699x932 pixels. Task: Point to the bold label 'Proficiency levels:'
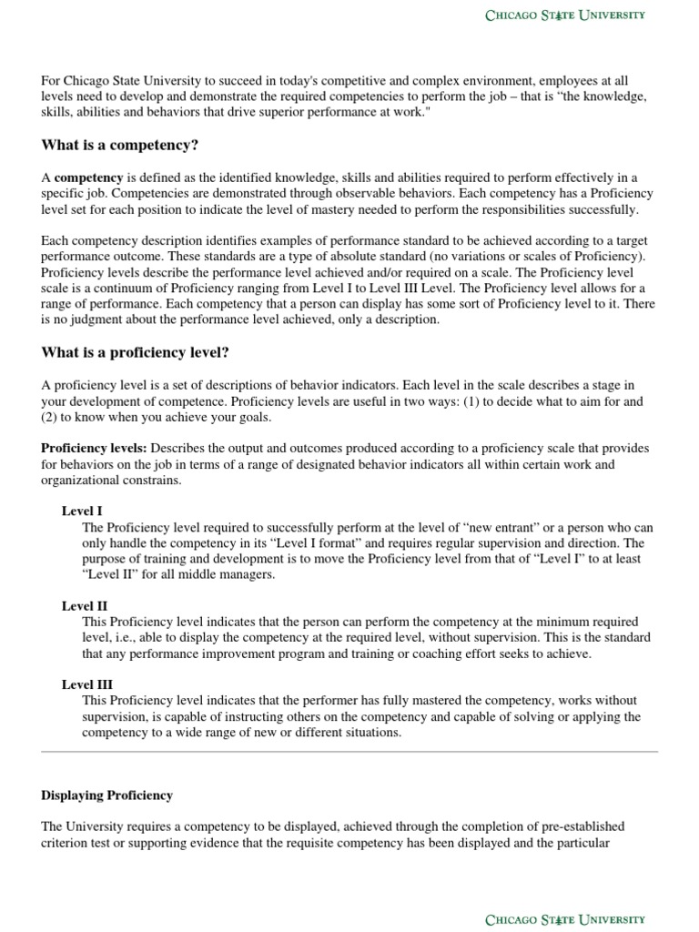[94, 449]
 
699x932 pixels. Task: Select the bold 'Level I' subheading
[82, 512]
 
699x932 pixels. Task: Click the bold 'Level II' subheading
[84, 606]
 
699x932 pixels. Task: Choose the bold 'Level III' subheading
[86, 684]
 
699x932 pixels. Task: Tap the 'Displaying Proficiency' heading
[106, 795]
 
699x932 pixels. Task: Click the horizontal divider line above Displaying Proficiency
[349, 752]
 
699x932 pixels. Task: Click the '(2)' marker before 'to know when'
[51, 417]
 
